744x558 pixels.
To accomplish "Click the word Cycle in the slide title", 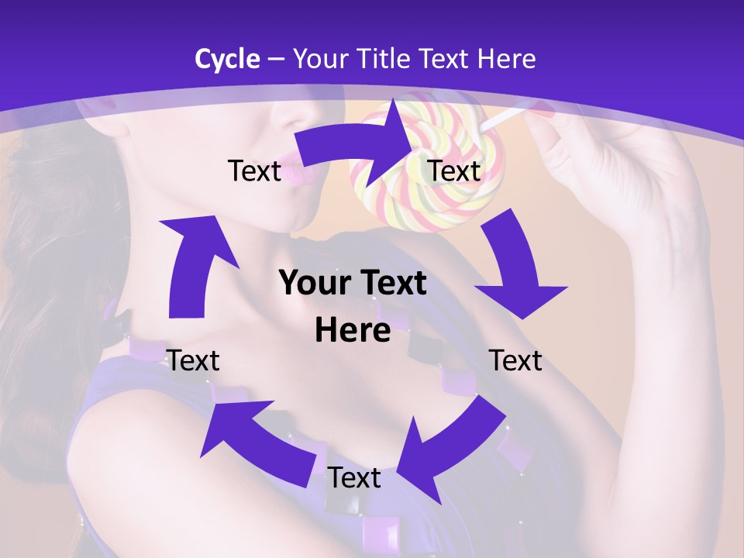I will point(227,58).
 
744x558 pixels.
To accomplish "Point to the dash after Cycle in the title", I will point(275,59).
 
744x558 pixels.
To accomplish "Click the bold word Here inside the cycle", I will point(353,330).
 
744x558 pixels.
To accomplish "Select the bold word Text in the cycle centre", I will point(391,283).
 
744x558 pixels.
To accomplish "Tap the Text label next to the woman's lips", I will point(253,170).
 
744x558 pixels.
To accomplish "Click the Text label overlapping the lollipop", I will point(454,170).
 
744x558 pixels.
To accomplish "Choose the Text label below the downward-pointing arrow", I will point(515,360).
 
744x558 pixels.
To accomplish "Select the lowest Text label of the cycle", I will point(354,478).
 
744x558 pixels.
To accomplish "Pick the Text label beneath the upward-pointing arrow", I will point(194,360).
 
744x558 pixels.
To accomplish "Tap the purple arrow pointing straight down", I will point(515,271).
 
